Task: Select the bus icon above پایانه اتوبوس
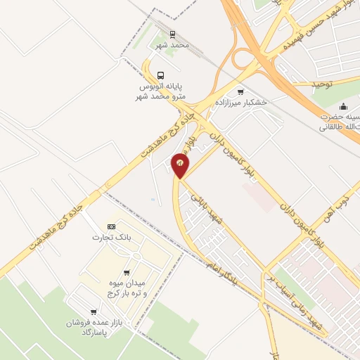162,75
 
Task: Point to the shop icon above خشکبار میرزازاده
241,91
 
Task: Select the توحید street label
326,83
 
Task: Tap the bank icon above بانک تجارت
110,226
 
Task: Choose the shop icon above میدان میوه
126,272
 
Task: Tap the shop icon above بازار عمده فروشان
93,311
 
